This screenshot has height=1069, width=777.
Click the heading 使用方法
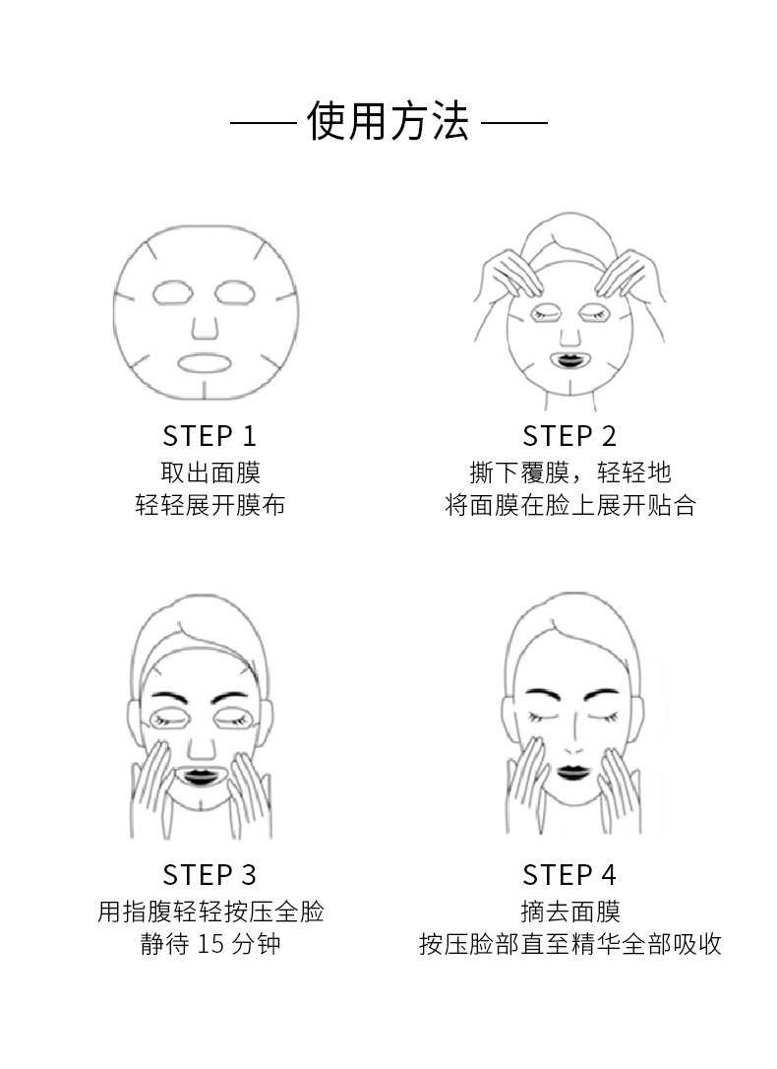388,123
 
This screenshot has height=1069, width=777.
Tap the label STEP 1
209,436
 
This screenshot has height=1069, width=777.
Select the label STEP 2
569,436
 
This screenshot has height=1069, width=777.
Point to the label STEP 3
209,874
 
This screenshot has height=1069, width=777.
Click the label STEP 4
569,874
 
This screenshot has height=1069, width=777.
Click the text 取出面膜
209,472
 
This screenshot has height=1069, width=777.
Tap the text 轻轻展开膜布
209,506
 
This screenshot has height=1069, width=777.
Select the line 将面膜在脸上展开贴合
569,506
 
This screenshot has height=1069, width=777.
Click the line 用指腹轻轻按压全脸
209,911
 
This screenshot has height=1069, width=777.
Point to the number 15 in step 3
211,944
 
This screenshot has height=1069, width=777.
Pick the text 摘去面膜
569,911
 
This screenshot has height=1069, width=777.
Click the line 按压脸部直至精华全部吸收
569,945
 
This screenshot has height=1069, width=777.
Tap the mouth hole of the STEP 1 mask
205,362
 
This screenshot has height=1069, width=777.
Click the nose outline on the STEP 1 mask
205,324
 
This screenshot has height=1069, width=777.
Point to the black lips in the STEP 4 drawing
571,770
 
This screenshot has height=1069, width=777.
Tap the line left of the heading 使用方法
263,124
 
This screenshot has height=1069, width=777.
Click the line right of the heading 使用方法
514,124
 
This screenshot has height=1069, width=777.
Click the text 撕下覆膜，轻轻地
569,472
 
